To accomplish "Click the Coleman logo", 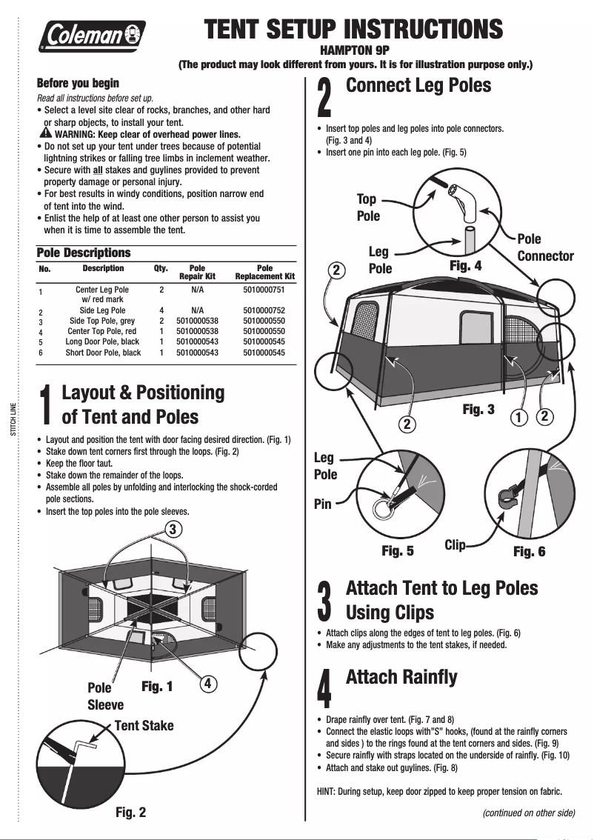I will (x=93, y=34).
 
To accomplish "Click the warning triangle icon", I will (x=46, y=133).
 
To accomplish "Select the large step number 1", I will (x=46, y=407).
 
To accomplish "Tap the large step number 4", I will (x=324, y=688).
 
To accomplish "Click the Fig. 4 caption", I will (x=466, y=264).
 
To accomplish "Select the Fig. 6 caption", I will (x=529, y=551).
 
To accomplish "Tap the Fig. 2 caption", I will (x=130, y=812).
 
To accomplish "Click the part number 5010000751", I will (x=264, y=291).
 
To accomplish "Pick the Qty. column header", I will (x=161, y=268).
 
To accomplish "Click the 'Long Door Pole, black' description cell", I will (x=102, y=342).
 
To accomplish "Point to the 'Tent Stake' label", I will (x=144, y=725).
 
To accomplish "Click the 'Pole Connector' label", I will (x=545, y=247).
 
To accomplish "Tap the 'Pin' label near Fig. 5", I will (x=323, y=504).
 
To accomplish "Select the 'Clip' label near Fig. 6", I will (x=455, y=545).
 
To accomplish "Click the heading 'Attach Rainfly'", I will (x=401, y=677).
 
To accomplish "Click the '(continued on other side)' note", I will (x=528, y=813).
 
